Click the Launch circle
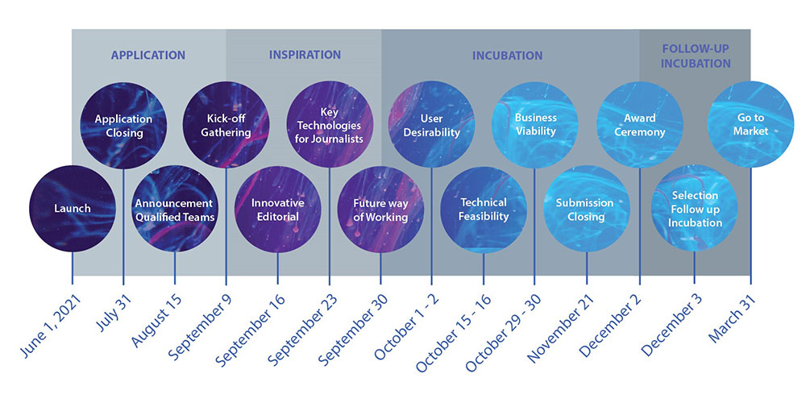pos(73,209)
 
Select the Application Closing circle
pos(123,126)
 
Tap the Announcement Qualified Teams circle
pos(175,209)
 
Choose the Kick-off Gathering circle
pos(226,126)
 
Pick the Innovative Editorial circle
pos(277,209)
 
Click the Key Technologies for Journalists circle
pos(330,126)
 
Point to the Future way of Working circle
pos(380,209)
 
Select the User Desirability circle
pos(431,126)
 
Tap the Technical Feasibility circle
pos(484,209)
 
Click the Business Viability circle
pos(534,126)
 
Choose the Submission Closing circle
pos(587,209)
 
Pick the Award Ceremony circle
pos(639,126)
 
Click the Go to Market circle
pos(750,126)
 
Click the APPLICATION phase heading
pos(148,56)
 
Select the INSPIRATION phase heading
pos(305,55)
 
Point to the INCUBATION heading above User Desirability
pos(507,56)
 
